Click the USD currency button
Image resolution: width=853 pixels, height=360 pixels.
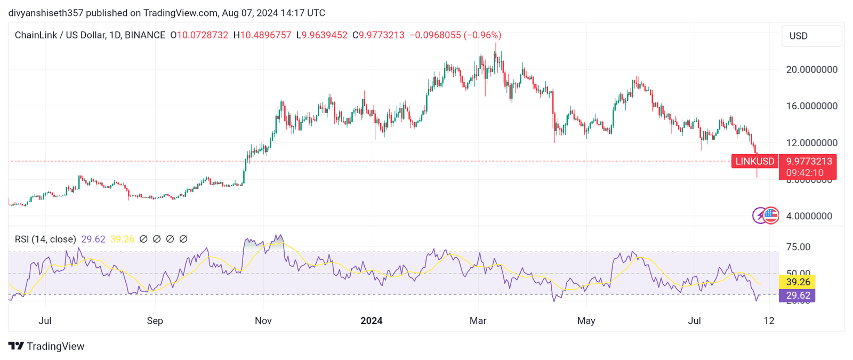(811, 36)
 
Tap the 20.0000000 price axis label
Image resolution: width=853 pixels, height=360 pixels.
(811, 69)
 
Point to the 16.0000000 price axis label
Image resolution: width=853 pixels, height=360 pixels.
(811, 106)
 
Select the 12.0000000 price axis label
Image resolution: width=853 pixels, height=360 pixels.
(811, 143)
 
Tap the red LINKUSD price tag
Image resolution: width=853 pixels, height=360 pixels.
(755, 162)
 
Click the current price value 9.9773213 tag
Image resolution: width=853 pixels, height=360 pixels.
(808, 162)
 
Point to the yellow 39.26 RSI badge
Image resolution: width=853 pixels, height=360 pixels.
(797, 282)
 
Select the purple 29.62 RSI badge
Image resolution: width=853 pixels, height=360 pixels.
(797, 295)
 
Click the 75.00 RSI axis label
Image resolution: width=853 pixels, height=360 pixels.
(798, 247)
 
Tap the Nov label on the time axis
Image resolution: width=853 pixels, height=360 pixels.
(263, 321)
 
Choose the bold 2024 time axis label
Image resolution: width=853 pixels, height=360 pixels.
(372, 321)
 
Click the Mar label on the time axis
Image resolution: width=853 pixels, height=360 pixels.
(478, 321)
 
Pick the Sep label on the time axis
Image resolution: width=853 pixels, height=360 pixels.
(155, 321)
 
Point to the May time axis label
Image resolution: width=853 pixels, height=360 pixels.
(586, 321)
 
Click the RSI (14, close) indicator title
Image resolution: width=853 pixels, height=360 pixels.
(45, 239)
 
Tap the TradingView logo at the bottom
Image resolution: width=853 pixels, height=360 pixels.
(46, 346)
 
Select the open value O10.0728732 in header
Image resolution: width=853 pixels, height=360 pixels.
(199, 35)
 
